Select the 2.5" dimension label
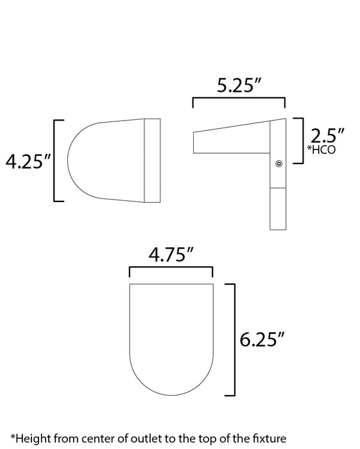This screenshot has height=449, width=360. [x=327, y=135]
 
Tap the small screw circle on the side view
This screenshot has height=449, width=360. [x=279, y=165]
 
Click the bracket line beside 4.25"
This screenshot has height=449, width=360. [x=55, y=160]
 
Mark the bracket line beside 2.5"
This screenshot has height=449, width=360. [x=300, y=142]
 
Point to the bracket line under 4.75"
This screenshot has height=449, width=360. [x=171, y=269]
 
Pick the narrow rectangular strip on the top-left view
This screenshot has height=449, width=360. [x=152, y=160]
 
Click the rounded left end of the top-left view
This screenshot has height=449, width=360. [x=80, y=160]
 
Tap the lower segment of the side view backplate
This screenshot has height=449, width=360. [x=277, y=209]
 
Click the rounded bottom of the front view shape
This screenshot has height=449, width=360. [x=171, y=378]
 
